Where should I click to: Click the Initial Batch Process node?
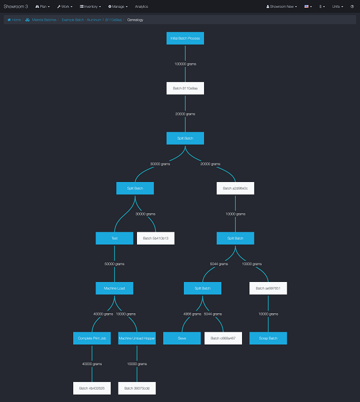click(x=185, y=38)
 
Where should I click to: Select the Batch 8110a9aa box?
click(x=185, y=88)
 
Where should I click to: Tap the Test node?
click(x=114, y=238)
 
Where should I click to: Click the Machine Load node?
click(x=114, y=288)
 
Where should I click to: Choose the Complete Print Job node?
click(x=92, y=338)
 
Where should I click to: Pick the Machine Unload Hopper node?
click(x=136, y=338)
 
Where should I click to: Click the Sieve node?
click(x=182, y=338)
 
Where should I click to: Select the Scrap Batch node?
click(x=268, y=338)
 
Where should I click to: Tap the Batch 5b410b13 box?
click(x=155, y=238)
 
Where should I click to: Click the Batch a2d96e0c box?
click(x=235, y=188)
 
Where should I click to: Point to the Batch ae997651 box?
click(x=268, y=288)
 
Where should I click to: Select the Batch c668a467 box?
click(x=223, y=338)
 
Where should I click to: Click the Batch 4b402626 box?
click(x=92, y=388)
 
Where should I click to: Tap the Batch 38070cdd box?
click(x=136, y=388)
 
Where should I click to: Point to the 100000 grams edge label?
click(x=185, y=64)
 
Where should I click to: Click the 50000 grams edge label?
click(x=114, y=264)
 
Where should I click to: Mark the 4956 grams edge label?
click(x=191, y=314)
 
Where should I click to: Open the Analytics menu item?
click(x=141, y=7)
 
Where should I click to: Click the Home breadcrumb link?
click(x=14, y=20)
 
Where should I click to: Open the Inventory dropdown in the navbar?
click(x=90, y=7)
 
